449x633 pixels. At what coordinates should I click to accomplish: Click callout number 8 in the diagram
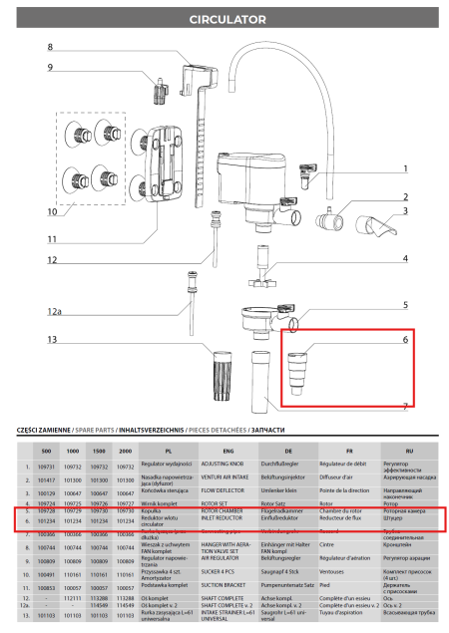coord(49,47)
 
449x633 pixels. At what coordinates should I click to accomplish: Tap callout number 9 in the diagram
coord(49,68)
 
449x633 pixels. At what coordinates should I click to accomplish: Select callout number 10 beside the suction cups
coord(51,212)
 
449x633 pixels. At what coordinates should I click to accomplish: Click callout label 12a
coord(52,312)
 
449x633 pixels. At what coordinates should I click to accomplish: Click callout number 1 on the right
coord(405,169)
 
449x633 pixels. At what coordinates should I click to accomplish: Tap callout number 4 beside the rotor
coord(405,259)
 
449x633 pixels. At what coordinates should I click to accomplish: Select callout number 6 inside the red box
coord(405,340)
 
